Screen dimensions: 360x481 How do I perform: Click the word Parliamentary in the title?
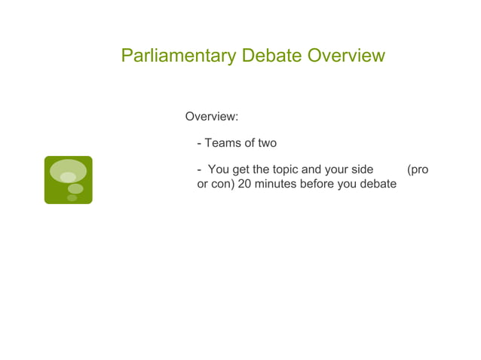(177, 56)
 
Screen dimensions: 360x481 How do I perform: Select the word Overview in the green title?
(347, 56)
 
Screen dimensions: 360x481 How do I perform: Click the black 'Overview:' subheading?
(212, 117)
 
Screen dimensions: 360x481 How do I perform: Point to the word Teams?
(221, 143)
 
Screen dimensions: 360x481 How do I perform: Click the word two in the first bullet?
(267, 143)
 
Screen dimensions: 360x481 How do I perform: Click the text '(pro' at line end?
(417, 169)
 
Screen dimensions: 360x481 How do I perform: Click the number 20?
(244, 184)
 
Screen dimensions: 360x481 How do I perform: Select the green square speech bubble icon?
(68, 180)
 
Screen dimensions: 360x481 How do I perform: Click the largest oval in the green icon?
(68, 171)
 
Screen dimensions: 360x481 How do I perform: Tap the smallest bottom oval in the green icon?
(72, 198)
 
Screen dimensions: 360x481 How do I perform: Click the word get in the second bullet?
(241, 169)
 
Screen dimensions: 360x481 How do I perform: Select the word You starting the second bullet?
(219, 169)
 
